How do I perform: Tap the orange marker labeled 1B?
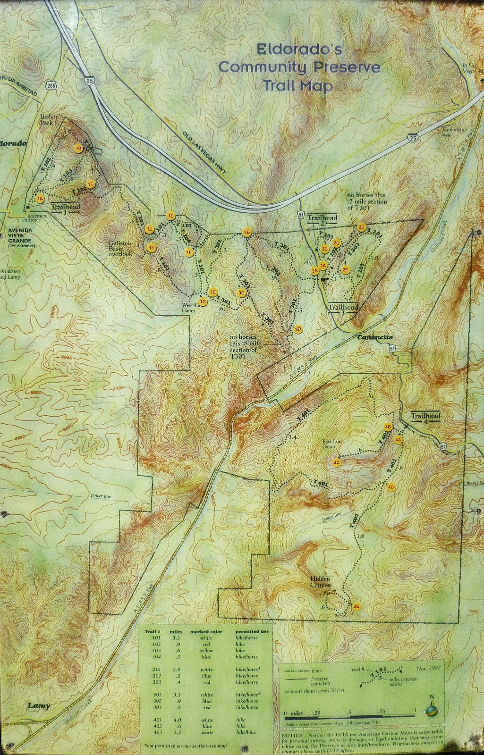point(79,148)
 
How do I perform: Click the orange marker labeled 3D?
point(298,329)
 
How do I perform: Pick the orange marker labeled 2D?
point(362,227)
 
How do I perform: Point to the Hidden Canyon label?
point(321,582)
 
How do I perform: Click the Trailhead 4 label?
point(425,417)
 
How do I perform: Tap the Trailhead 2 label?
point(323,219)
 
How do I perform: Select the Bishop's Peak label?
point(51,118)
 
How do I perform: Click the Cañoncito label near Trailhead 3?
point(375,338)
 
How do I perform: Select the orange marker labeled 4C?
point(337,462)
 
